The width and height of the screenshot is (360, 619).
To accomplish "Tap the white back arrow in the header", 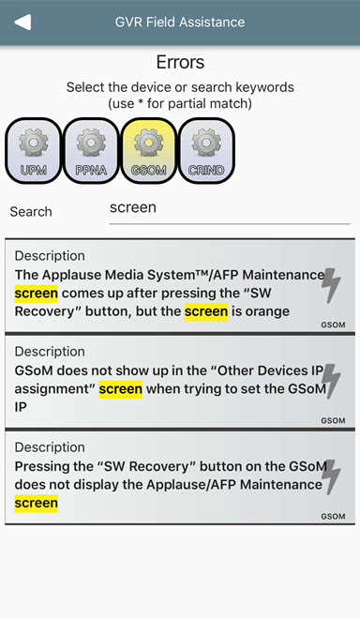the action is [22, 23].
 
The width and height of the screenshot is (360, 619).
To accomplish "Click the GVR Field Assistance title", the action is [180, 23].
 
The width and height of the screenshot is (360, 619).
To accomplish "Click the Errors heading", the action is [180, 62].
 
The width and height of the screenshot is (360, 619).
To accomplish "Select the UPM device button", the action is [34, 151].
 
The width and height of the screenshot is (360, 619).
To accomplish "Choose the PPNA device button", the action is [91, 151].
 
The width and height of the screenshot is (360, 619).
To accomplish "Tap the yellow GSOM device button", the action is [149, 151].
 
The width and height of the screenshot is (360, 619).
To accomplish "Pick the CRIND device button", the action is [206, 151].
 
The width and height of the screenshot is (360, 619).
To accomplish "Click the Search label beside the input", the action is [31, 212].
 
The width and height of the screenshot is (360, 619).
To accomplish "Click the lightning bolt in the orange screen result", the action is [330, 285].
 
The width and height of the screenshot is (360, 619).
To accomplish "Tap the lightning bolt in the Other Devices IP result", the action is [330, 381].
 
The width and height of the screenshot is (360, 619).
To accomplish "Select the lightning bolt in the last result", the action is [330, 476].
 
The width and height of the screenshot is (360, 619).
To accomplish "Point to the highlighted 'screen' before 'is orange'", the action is [206, 311].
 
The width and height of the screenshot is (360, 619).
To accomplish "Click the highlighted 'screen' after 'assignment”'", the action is [120, 389].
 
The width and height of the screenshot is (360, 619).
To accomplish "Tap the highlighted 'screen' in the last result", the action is [37, 504].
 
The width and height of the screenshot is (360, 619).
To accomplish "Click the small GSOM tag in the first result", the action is [333, 325].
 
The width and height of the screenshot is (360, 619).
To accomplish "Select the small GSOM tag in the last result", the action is [333, 517].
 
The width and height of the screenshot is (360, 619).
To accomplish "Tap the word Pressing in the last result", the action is [40, 467].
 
